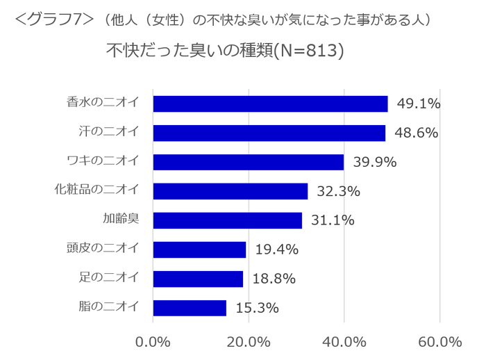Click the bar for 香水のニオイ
click(270, 104)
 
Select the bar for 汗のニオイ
click(269, 133)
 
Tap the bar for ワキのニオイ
click(248, 162)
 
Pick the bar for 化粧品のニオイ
click(230, 191)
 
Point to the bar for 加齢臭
click(227, 220)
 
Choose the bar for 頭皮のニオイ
click(199, 249)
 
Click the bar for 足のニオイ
click(198, 279)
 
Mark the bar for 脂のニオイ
click(190, 308)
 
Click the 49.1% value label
click(419, 104)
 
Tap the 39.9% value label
click(374, 163)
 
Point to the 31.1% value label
click(333, 220)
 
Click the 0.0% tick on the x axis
click(153, 342)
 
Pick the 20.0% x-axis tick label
click(249, 342)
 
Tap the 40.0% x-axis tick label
click(344, 342)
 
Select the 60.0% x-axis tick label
click(440, 342)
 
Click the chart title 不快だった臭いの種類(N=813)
click(225, 51)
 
